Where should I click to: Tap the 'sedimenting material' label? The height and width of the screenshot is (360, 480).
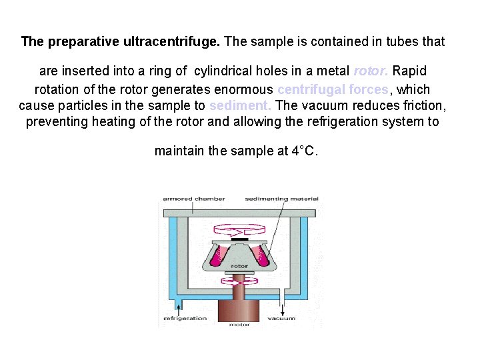(x=281, y=199)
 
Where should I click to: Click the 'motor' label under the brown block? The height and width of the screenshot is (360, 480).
(x=239, y=325)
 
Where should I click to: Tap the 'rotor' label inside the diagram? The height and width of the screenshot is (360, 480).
(x=239, y=266)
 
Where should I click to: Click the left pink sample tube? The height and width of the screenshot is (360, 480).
(x=217, y=255)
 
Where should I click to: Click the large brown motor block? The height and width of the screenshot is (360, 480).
(x=239, y=307)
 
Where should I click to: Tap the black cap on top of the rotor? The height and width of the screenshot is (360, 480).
(x=239, y=238)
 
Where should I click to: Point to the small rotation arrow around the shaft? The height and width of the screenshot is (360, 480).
(x=239, y=283)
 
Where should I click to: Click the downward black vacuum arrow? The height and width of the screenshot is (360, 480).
(x=281, y=308)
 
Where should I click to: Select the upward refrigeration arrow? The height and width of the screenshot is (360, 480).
(x=178, y=307)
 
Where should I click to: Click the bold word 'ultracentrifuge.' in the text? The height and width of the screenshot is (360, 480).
(x=171, y=41)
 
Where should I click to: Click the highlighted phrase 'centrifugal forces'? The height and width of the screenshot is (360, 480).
(x=332, y=89)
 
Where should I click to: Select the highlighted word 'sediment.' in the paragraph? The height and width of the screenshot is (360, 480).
(x=240, y=105)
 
